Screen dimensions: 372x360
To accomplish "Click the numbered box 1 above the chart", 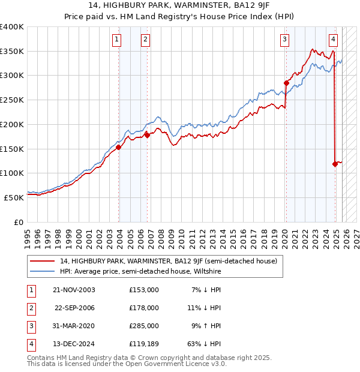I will click(x=116, y=40).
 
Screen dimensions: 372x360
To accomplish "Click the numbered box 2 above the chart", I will click(x=145, y=40).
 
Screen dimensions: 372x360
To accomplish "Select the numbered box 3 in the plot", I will click(x=284, y=40).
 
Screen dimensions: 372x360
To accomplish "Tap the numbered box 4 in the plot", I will click(x=333, y=40).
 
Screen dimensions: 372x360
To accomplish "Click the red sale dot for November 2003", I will click(x=119, y=147).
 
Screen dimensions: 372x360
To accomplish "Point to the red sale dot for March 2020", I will click(x=286, y=83).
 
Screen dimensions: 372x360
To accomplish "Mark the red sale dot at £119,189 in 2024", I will click(x=335, y=164).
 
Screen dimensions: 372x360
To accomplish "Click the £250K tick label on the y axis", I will click(x=12, y=100).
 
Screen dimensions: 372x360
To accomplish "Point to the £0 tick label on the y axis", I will click(x=18, y=222).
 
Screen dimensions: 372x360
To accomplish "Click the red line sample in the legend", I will click(x=42, y=262).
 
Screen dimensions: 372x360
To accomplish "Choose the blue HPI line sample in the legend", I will click(x=42, y=272).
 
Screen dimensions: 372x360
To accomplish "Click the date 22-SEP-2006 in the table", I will click(x=74, y=308).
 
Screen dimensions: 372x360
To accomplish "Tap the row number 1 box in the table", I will click(x=30, y=290).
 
